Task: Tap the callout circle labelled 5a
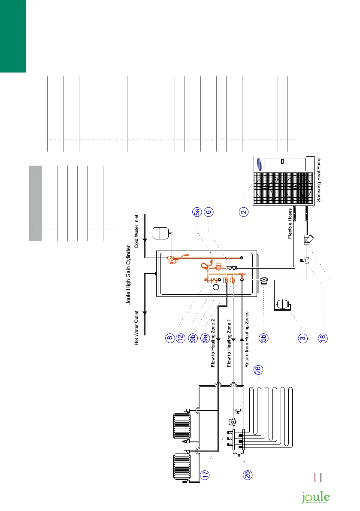pos(197,212)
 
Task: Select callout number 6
pos(209,212)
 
